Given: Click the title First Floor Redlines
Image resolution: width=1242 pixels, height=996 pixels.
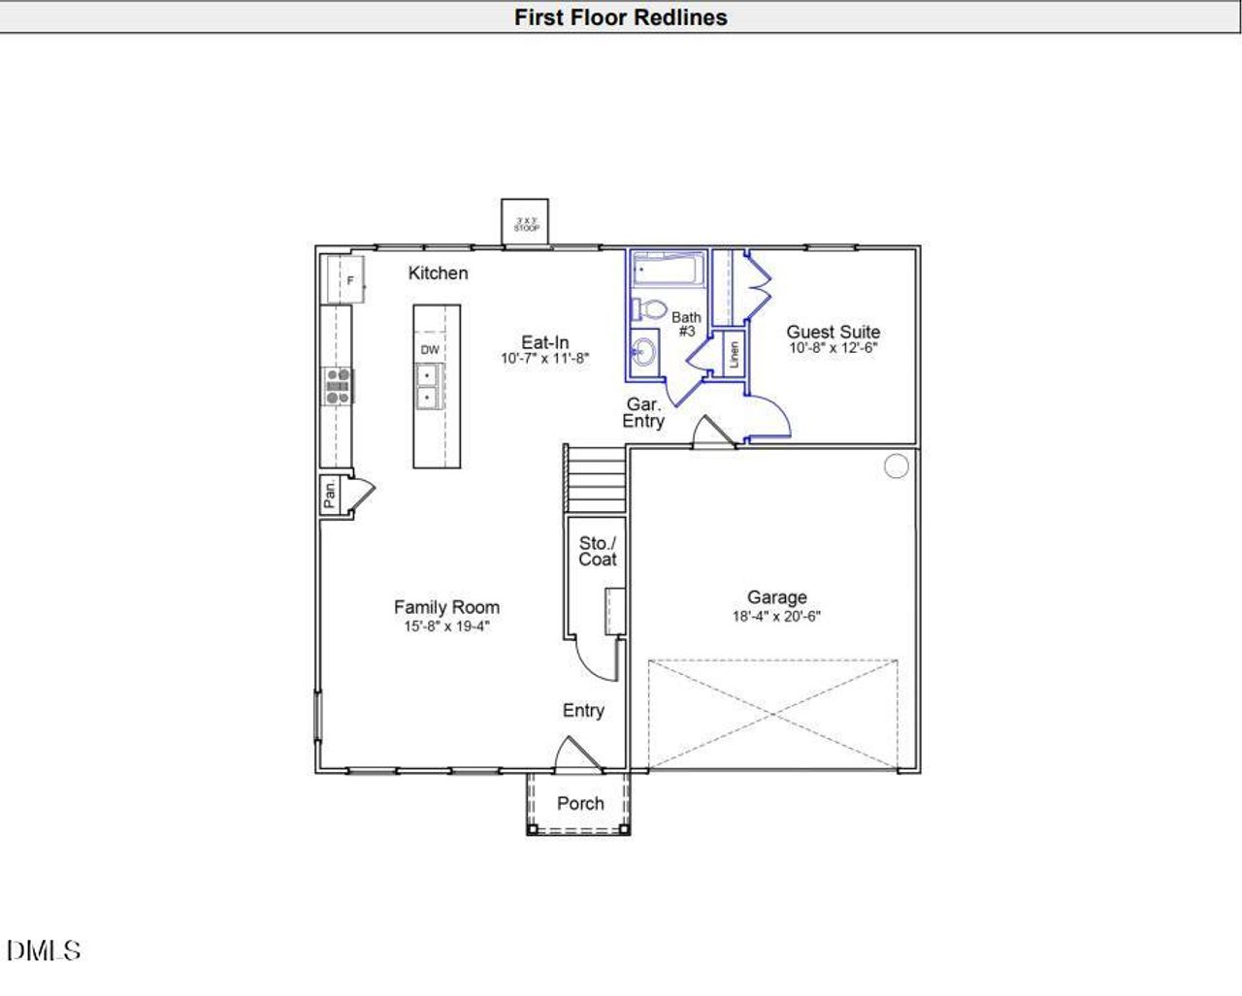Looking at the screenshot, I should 620,17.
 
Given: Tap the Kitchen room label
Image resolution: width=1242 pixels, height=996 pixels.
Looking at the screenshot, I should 438,273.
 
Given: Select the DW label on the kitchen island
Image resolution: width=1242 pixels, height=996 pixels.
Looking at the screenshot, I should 430,349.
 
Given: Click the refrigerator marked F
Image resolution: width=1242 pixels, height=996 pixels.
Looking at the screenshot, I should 344,280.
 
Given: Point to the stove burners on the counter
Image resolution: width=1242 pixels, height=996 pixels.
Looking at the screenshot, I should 338,385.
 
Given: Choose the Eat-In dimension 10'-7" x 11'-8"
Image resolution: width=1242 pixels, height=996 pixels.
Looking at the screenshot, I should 545,359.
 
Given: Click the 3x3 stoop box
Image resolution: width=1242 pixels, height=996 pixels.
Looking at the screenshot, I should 525,223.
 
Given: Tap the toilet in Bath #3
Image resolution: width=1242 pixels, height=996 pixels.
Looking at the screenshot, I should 651,310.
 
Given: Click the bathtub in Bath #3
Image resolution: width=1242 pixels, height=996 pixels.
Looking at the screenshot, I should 668,269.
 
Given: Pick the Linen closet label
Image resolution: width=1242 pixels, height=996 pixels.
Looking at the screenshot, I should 734,355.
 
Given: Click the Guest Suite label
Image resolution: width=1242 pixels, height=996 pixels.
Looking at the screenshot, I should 833,332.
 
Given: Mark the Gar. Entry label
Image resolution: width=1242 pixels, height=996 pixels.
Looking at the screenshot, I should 643,412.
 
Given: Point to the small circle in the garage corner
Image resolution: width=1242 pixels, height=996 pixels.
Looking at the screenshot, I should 897,466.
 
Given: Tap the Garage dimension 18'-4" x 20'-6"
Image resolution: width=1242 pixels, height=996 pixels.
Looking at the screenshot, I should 776,616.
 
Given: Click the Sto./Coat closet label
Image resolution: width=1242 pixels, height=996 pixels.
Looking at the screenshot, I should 597,551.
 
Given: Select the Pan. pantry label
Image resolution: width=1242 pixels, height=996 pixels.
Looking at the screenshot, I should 330,495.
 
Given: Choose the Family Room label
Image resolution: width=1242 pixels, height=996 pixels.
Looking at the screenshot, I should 446,607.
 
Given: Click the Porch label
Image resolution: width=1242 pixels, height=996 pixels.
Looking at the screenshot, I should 580,803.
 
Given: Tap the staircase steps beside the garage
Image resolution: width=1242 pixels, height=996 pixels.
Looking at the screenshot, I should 596,479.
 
